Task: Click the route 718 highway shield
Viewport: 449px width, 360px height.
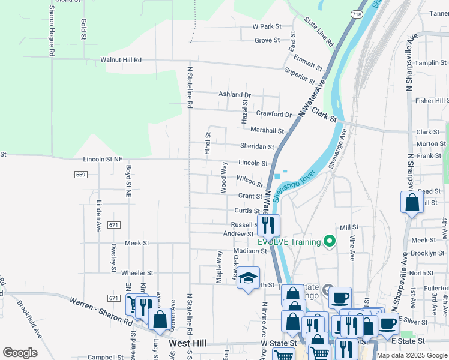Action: tap(357, 14)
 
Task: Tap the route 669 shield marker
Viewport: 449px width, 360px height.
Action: tap(81, 175)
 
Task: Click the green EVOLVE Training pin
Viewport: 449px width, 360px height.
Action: tap(329, 242)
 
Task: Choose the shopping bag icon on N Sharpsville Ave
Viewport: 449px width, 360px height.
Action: tap(412, 203)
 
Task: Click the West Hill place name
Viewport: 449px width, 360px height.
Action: tap(187, 343)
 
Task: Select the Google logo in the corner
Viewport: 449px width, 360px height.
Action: tap(20, 353)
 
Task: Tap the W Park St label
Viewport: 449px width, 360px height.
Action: tap(267, 26)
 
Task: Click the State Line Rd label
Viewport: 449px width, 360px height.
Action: tap(319, 32)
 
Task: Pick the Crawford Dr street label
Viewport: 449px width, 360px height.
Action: tap(273, 114)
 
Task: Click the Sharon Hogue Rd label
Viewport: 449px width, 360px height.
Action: tap(52, 29)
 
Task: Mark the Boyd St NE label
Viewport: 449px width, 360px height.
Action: tap(128, 182)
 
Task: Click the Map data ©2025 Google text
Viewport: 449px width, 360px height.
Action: tap(412, 355)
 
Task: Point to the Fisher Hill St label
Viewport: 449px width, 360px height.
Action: tap(432, 100)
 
